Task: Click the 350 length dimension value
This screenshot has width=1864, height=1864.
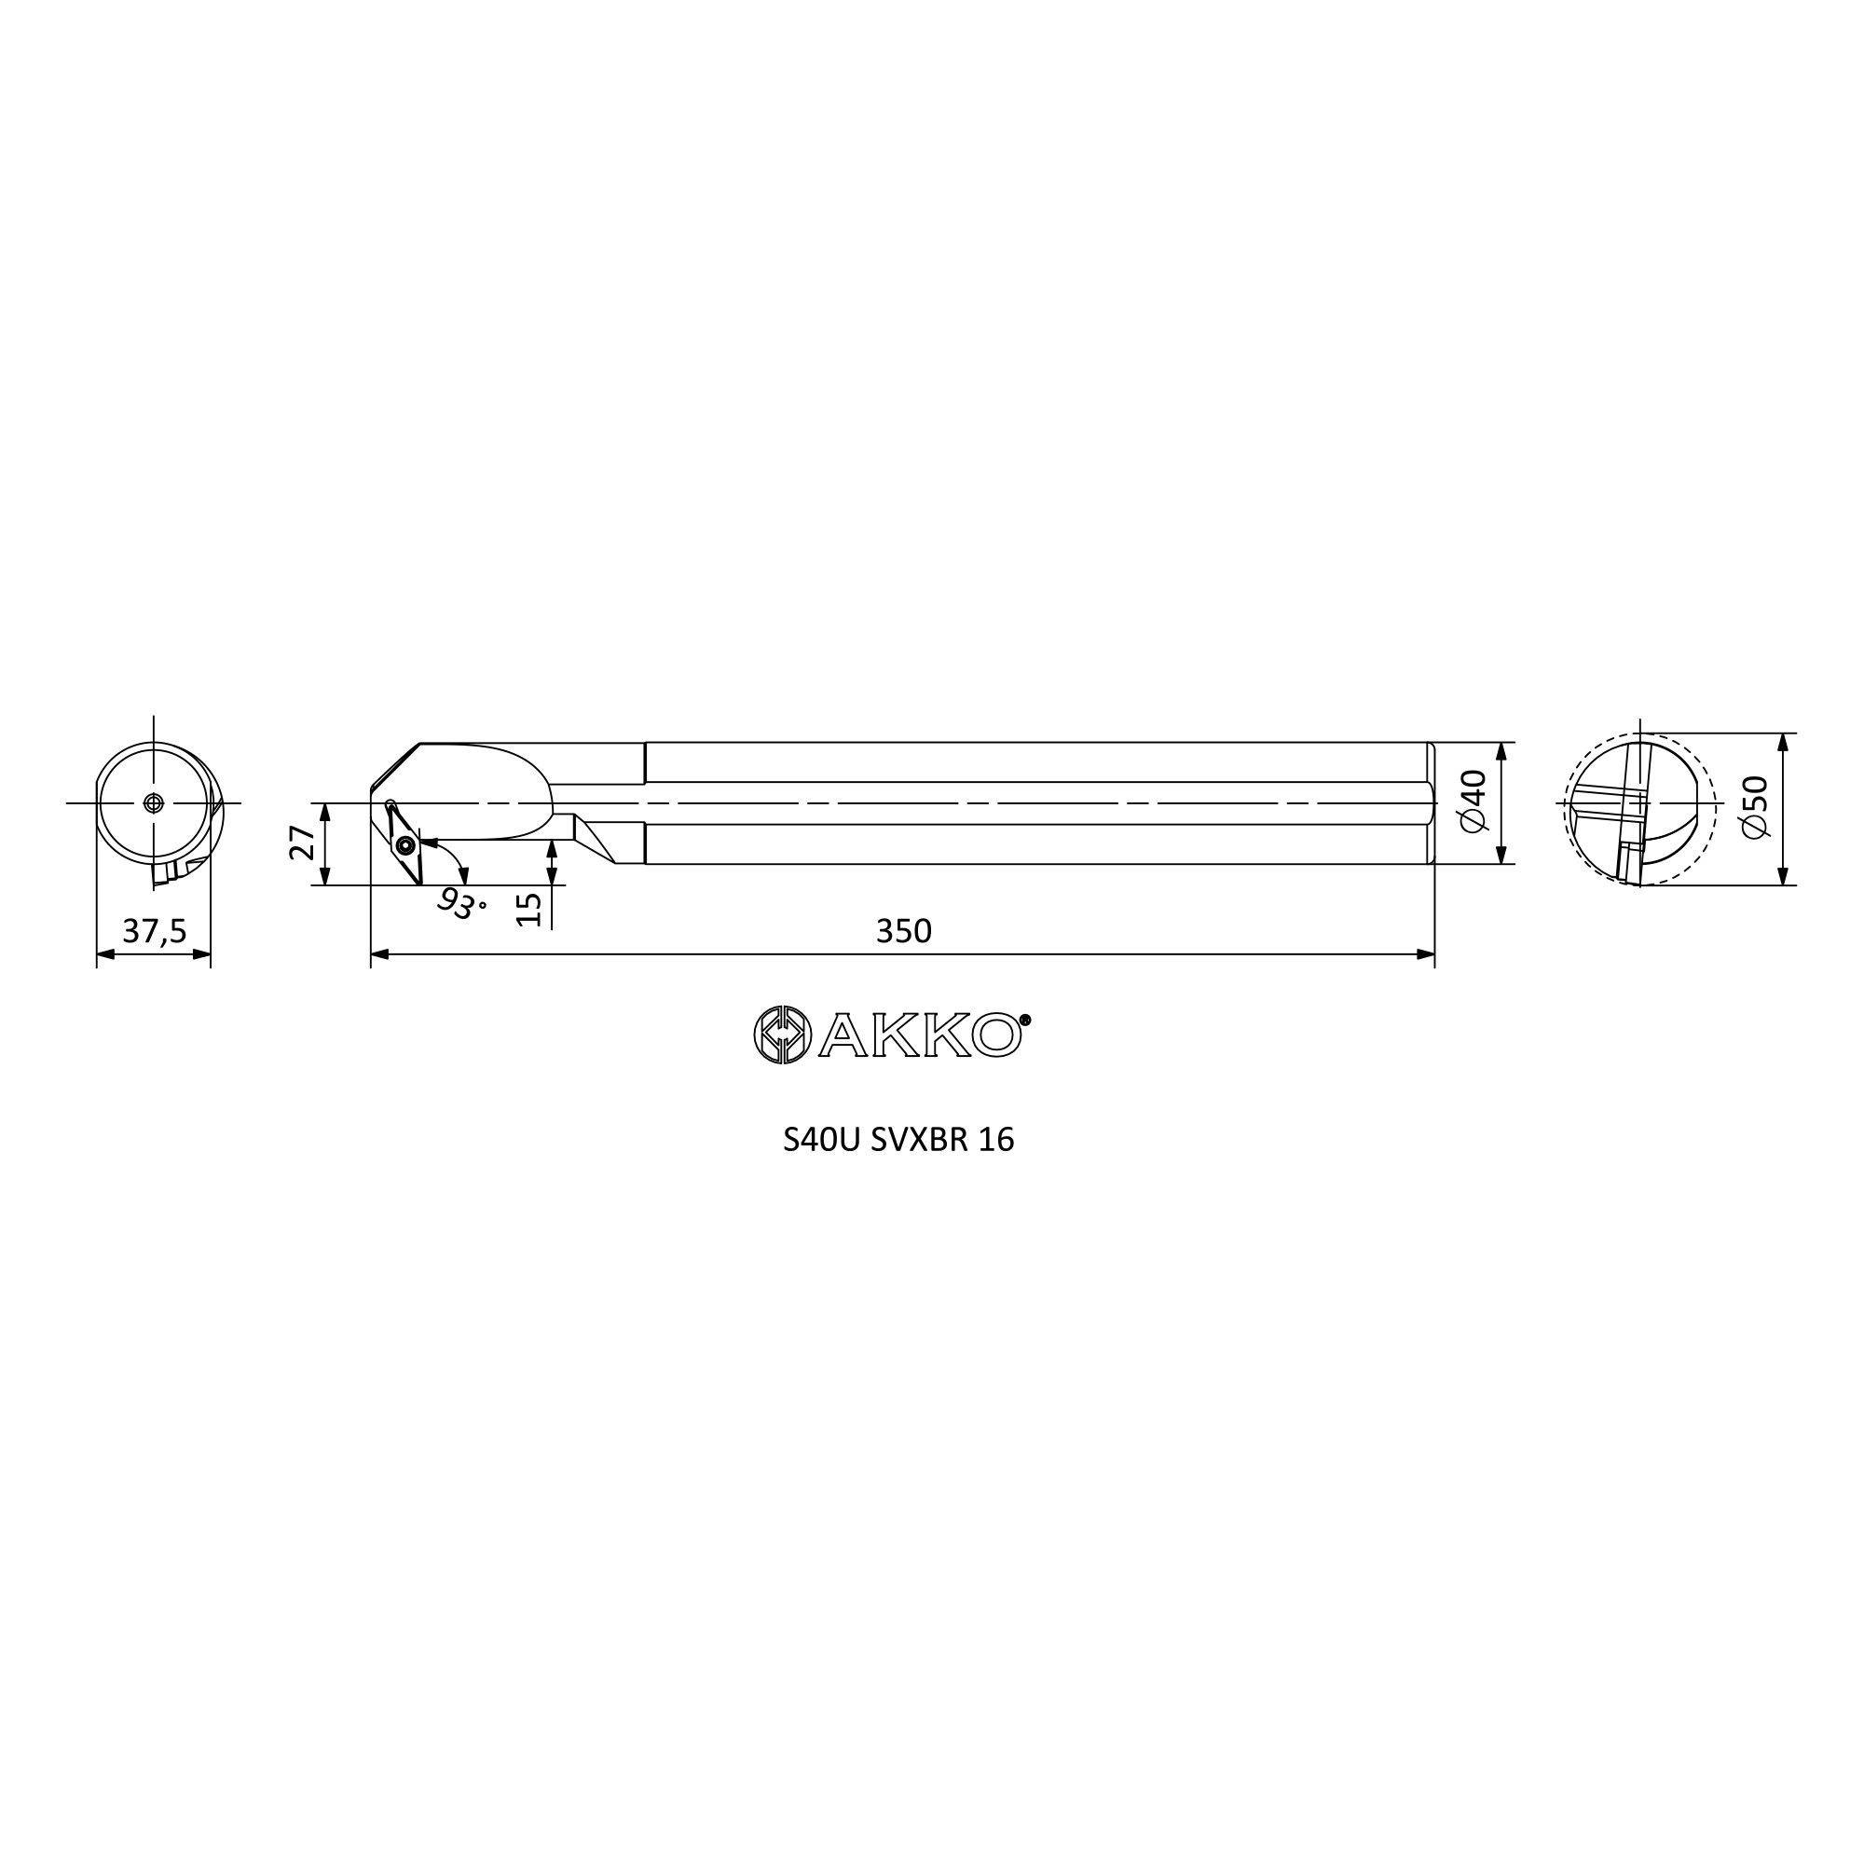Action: point(904,931)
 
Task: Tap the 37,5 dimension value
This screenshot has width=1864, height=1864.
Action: point(155,931)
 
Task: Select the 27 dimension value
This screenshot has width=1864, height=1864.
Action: point(303,843)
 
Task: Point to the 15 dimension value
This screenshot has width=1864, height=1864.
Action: point(529,909)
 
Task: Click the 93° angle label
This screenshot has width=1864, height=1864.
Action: point(461,903)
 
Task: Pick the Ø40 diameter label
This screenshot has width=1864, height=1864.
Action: point(1476,802)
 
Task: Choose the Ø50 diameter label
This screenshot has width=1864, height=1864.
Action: point(1758,807)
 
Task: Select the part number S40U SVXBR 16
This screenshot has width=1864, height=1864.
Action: point(898,1141)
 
